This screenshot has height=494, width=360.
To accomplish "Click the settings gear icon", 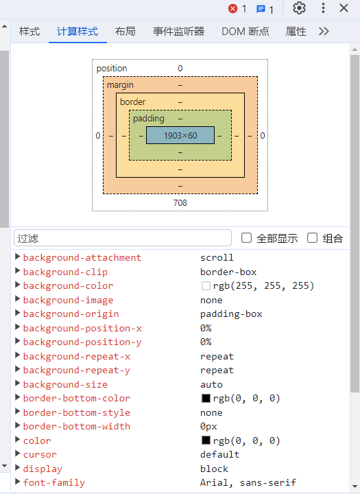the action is pyautogui.click(x=299, y=8).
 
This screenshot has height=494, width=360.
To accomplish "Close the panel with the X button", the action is pyautogui.click(x=344, y=8).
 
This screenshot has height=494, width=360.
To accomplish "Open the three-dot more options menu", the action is pyautogui.click(x=323, y=8).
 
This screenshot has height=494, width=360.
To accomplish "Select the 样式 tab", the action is pyautogui.click(x=29, y=32).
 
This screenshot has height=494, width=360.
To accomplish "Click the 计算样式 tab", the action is pyautogui.click(x=77, y=32).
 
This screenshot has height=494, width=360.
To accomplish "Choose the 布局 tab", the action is pyautogui.click(x=125, y=32).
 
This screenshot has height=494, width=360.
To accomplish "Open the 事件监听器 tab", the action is pyautogui.click(x=178, y=32).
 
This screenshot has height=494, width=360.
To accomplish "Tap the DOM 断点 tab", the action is pyautogui.click(x=245, y=32).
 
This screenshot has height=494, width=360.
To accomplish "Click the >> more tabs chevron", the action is pyautogui.click(x=324, y=32).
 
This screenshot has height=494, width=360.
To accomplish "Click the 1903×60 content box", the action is pyautogui.click(x=180, y=135).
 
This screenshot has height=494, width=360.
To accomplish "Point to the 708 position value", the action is pyautogui.click(x=180, y=202).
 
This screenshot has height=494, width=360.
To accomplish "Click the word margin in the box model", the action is pyautogui.click(x=120, y=85).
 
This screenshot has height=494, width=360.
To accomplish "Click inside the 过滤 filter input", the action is pyautogui.click(x=123, y=238).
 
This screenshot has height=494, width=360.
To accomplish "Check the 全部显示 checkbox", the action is pyautogui.click(x=246, y=238).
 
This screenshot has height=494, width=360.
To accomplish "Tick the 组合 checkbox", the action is pyautogui.click(x=312, y=238).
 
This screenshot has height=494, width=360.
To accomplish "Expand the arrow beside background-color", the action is pyautogui.click(x=18, y=285).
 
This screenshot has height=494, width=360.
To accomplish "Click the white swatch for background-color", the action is pyautogui.click(x=206, y=285).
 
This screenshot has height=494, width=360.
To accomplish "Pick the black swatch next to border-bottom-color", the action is pyautogui.click(x=206, y=398).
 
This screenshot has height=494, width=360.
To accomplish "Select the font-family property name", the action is pyautogui.click(x=54, y=482).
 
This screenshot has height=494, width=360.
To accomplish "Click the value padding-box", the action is pyautogui.click(x=231, y=314).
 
